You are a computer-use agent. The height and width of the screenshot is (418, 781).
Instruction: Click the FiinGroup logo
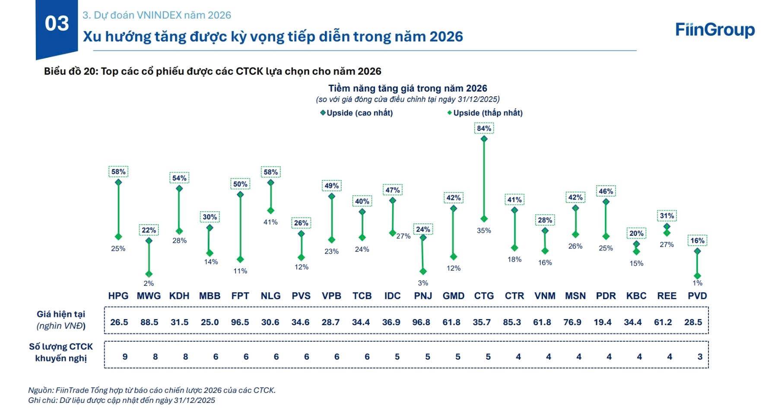click(715, 30)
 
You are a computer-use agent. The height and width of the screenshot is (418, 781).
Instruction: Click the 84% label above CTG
click(484, 128)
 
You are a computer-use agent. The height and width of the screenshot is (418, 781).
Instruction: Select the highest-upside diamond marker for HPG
click(118, 182)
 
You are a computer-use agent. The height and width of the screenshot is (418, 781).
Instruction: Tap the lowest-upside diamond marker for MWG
click(149, 274)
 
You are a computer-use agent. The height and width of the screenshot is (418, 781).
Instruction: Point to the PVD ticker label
click(697, 296)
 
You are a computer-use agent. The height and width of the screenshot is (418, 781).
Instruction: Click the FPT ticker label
click(240, 296)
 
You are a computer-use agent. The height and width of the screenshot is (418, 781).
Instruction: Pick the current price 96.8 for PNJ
click(421, 322)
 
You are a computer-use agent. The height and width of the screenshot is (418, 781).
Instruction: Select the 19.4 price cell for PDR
click(603, 322)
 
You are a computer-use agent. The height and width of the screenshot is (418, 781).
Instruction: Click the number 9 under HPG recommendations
click(125, 357)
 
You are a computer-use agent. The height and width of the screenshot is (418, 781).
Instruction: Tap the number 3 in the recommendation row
click(700, 357)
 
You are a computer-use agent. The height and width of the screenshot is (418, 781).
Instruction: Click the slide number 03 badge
click(57, 24)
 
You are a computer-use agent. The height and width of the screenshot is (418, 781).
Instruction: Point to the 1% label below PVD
click(697, 283)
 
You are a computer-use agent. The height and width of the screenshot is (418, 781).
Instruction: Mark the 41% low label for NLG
click(270, 222)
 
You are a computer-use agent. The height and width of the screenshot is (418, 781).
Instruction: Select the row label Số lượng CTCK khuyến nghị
click(61, 352)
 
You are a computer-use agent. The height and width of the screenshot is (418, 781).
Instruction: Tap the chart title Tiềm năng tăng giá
click(407, 89)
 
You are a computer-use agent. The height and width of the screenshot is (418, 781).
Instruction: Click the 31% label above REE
click(667, 216)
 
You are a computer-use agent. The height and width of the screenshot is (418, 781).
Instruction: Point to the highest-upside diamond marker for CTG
click(484, 139)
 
